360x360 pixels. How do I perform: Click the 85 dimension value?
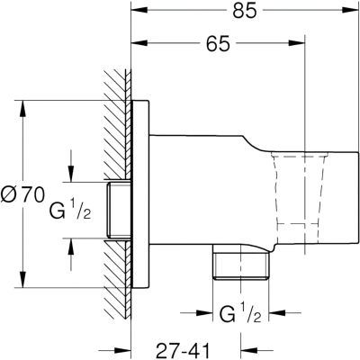pos(245,11)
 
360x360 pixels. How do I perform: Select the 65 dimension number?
pos(218,44)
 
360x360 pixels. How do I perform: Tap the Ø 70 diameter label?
pos(22,194)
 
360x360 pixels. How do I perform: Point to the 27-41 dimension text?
pos(184,350)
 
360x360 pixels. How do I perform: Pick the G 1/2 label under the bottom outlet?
pos(240,313)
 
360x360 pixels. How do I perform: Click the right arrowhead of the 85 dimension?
pos(351,10)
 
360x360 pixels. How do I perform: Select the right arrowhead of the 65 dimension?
pos(296,42)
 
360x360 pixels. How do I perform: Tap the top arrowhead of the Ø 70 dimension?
pos(22,109)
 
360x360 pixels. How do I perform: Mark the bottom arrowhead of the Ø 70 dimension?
pos(22,279)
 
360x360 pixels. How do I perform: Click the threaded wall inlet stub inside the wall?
pos(119,211)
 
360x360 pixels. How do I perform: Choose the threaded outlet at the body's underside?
pos(240,262)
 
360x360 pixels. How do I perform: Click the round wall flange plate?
pos(140,194)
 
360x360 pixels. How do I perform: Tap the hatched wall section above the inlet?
pos(118,125)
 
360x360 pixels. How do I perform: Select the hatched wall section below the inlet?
pos(118,279)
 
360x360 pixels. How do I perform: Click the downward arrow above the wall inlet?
pos(71,166)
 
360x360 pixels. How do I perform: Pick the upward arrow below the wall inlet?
pos(71,255)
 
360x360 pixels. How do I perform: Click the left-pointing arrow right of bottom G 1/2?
pos(285,312)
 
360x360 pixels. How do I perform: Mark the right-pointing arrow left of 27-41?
pos(115,350)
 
